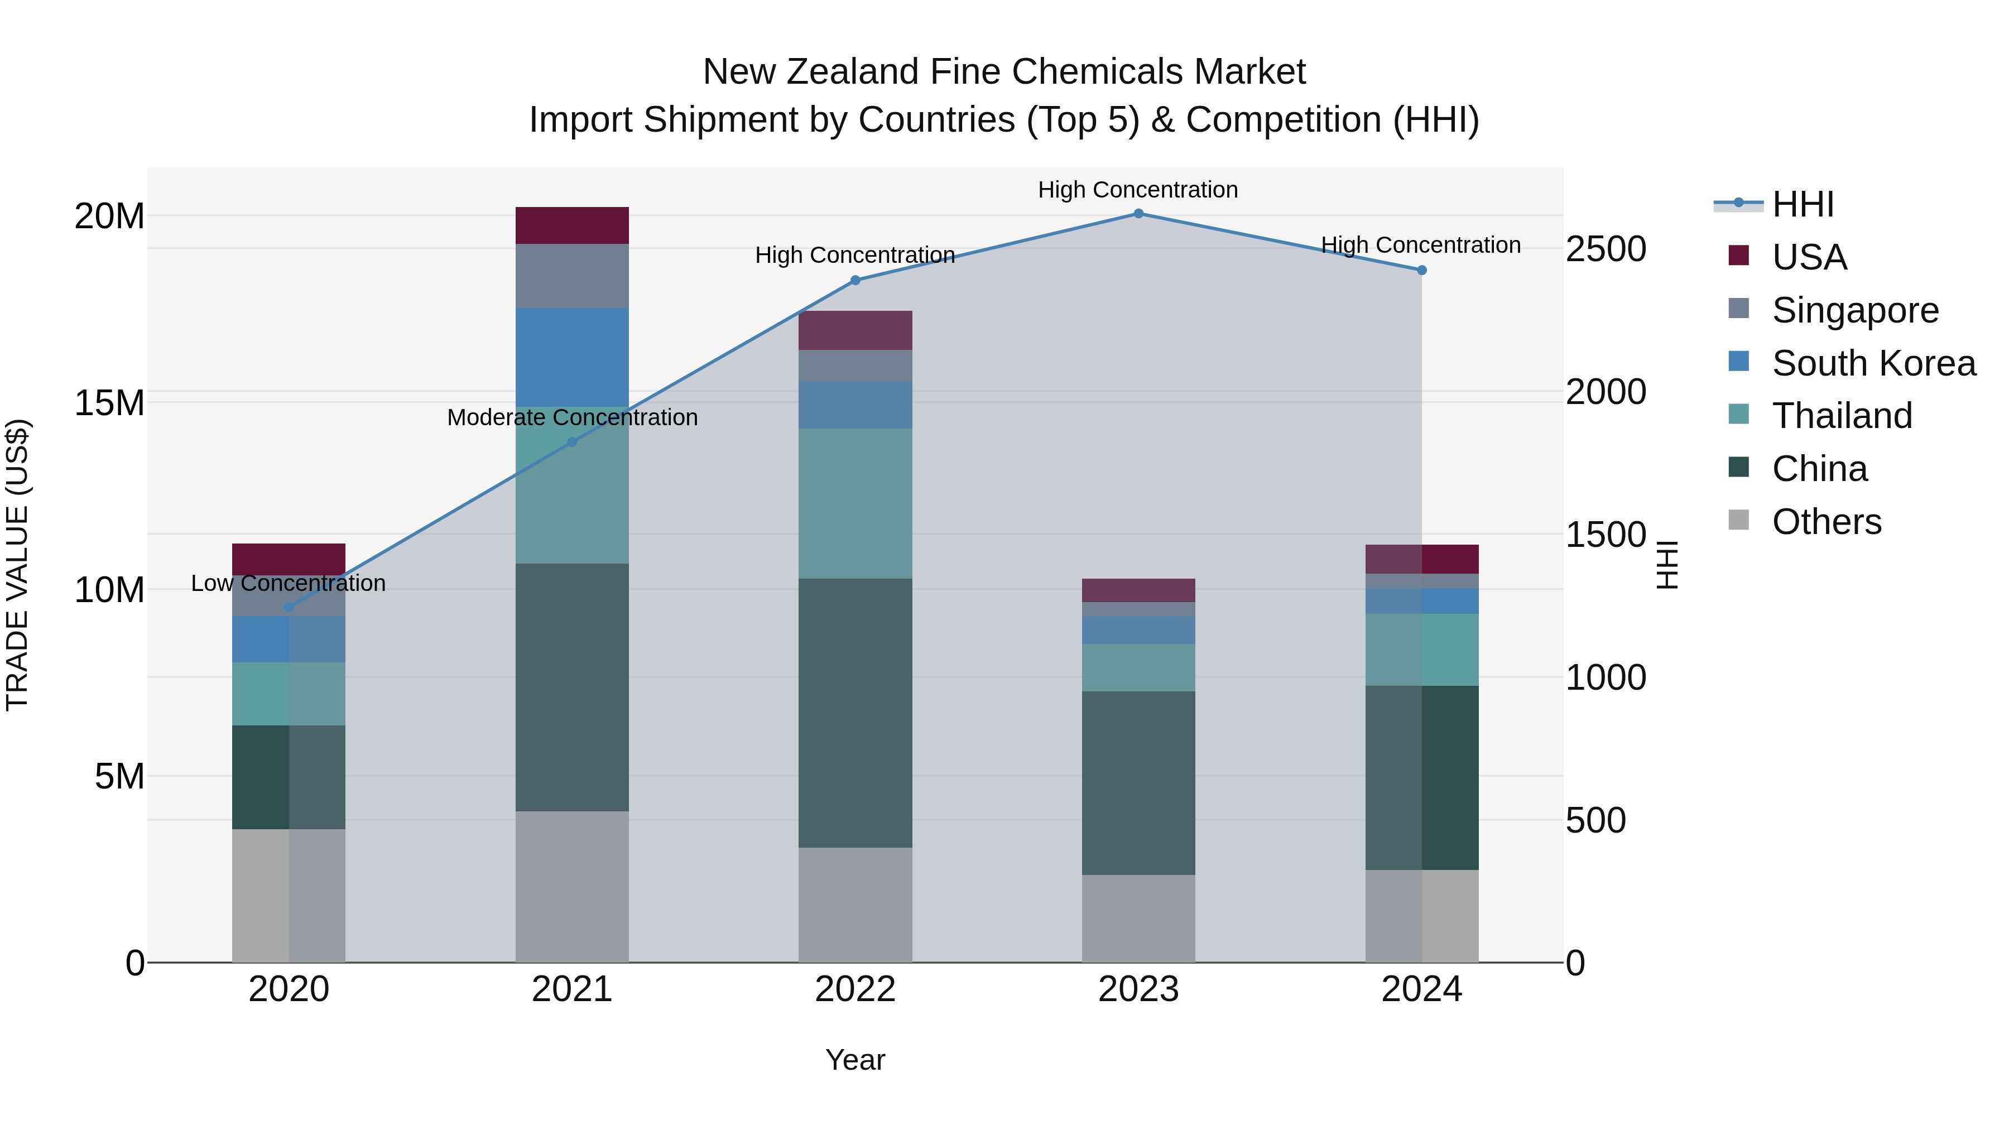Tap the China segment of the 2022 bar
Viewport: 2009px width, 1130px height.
pyautogui.click(x=855, y=712)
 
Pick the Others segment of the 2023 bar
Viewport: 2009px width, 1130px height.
pyautogui.click(x=1138, y=918)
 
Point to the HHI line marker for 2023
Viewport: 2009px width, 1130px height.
pyautogui.click(x=1138, y=214)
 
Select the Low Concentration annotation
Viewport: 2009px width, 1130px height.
pyautogui.click(x=288, y=583)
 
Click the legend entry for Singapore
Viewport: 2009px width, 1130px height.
pyautogui.click(x=1854, y=310)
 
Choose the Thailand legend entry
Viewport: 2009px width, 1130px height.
pyautogui.click(x=1842, y=416)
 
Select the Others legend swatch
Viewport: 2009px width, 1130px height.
pyautogui.click(x=1738, y=520)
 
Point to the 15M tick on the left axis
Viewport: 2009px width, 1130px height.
pyautogui.click(x=109, y=403)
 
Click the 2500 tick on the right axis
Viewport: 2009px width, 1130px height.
pyautogui.click(x=1606, y=249)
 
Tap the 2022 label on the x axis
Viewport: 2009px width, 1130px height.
pyautogui.click(x=855, y=989)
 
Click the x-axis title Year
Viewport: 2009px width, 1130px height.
pyautogui.click(x=855, y=1060)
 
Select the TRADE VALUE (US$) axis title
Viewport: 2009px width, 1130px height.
pyautogui.click(x=17, y=565)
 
